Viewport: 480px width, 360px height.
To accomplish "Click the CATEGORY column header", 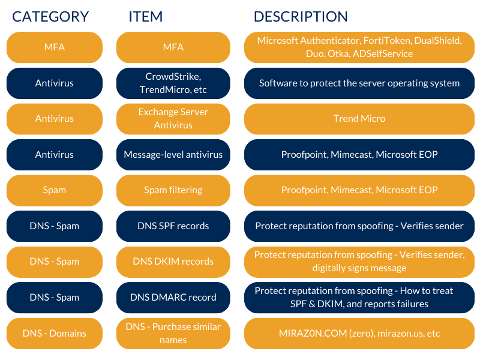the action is click(x=50, y=17).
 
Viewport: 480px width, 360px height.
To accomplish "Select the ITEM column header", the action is click(x=145, y=17).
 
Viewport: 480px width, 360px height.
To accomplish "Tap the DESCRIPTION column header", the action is click(x=301, y=17).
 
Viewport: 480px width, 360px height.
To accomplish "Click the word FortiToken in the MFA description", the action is click(x=387, y=40).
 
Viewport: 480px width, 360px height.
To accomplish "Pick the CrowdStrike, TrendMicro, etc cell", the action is click(x=173, y=83).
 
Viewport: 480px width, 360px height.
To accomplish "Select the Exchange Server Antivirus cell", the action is click(x=173, y=119).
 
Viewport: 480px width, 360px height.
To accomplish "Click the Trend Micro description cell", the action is click(x=359, y=119).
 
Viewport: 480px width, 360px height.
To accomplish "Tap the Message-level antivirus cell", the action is click(x=173, y=155).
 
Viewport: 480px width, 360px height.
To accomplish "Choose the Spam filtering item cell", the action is click(x=173, y=190).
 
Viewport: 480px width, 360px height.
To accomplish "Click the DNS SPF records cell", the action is click(x=173, y=226).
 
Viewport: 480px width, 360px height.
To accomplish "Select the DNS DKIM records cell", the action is click(x=173, y=262).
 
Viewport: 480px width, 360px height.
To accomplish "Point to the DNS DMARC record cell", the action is click(x=173, y=298).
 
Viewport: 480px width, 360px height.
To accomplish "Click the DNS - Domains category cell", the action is click(x=55, y=334).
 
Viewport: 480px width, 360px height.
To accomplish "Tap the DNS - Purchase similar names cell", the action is click(x=173, y=334).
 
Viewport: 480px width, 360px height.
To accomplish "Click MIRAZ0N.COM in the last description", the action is click(x=313, y=333).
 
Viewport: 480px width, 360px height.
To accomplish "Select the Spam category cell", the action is click(x=55, y=190).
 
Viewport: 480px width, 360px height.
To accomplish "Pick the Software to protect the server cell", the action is click(x=359, y=83).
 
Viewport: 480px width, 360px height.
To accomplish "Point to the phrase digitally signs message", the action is click(x=359, y=268).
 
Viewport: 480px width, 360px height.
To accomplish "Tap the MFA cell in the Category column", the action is click(x=55, y=47).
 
